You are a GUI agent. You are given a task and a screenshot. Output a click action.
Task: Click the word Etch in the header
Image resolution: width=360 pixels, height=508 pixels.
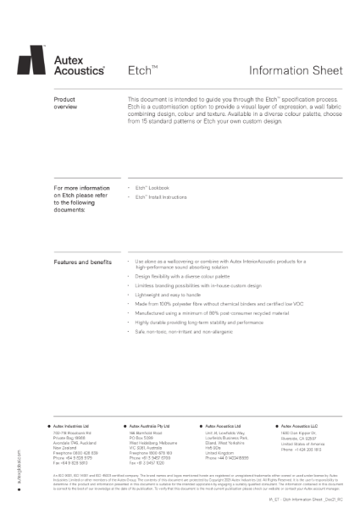point(137,73)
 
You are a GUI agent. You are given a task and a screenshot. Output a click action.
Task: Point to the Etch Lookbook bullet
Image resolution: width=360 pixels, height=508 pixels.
point(150,186)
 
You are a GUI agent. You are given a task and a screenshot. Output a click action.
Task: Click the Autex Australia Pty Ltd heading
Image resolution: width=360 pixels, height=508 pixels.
point(150,426)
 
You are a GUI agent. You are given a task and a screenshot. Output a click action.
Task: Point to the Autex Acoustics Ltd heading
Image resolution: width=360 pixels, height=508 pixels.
point(224,426)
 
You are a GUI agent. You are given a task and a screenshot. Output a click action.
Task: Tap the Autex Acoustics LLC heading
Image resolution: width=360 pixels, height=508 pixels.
point(298,426)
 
